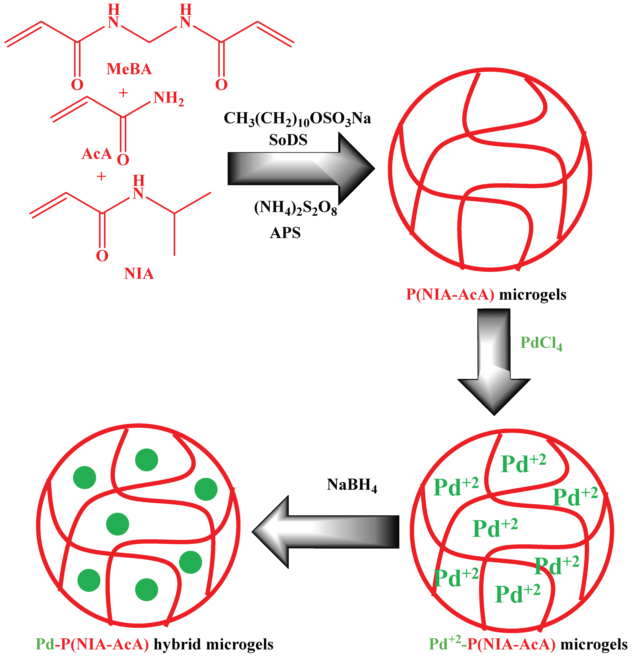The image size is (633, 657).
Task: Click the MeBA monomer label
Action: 129,69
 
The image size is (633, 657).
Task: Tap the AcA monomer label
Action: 97,154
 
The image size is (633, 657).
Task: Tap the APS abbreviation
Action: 285,233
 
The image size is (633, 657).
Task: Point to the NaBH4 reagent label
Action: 352,485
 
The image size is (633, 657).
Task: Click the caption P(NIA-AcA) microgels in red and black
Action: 486,295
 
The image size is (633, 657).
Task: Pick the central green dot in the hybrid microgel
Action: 118,524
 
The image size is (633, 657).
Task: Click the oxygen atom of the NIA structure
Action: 102,256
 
